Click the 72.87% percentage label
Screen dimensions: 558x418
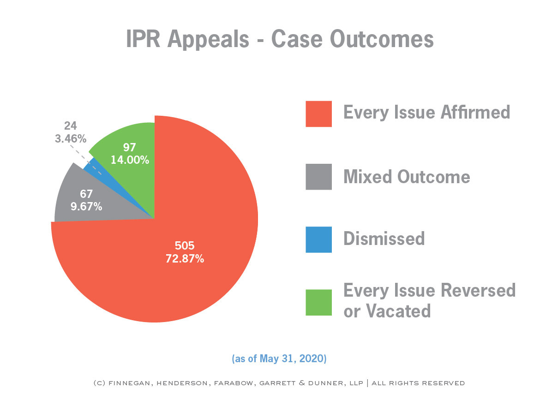click(185, 259)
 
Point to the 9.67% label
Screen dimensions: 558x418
click(86, 206)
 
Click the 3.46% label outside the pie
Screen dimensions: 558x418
click(71, 139)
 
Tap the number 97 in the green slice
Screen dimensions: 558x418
click(129, 147)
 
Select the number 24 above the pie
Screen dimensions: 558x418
click(71, 125)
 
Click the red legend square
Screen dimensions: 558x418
click(318, 114)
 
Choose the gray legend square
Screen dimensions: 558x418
click(318, 177)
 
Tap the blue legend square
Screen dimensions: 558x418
click(318, 239)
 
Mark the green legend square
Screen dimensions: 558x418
click(318, 302)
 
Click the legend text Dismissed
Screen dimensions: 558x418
click(384, 239)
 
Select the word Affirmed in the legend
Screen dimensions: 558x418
click(475, 112)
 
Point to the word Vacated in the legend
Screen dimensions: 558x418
click(398, 311)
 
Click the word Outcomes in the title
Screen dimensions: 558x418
click(382, 39)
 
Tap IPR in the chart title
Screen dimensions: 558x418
click(143, 39)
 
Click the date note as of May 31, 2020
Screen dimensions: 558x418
click(279, 358)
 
